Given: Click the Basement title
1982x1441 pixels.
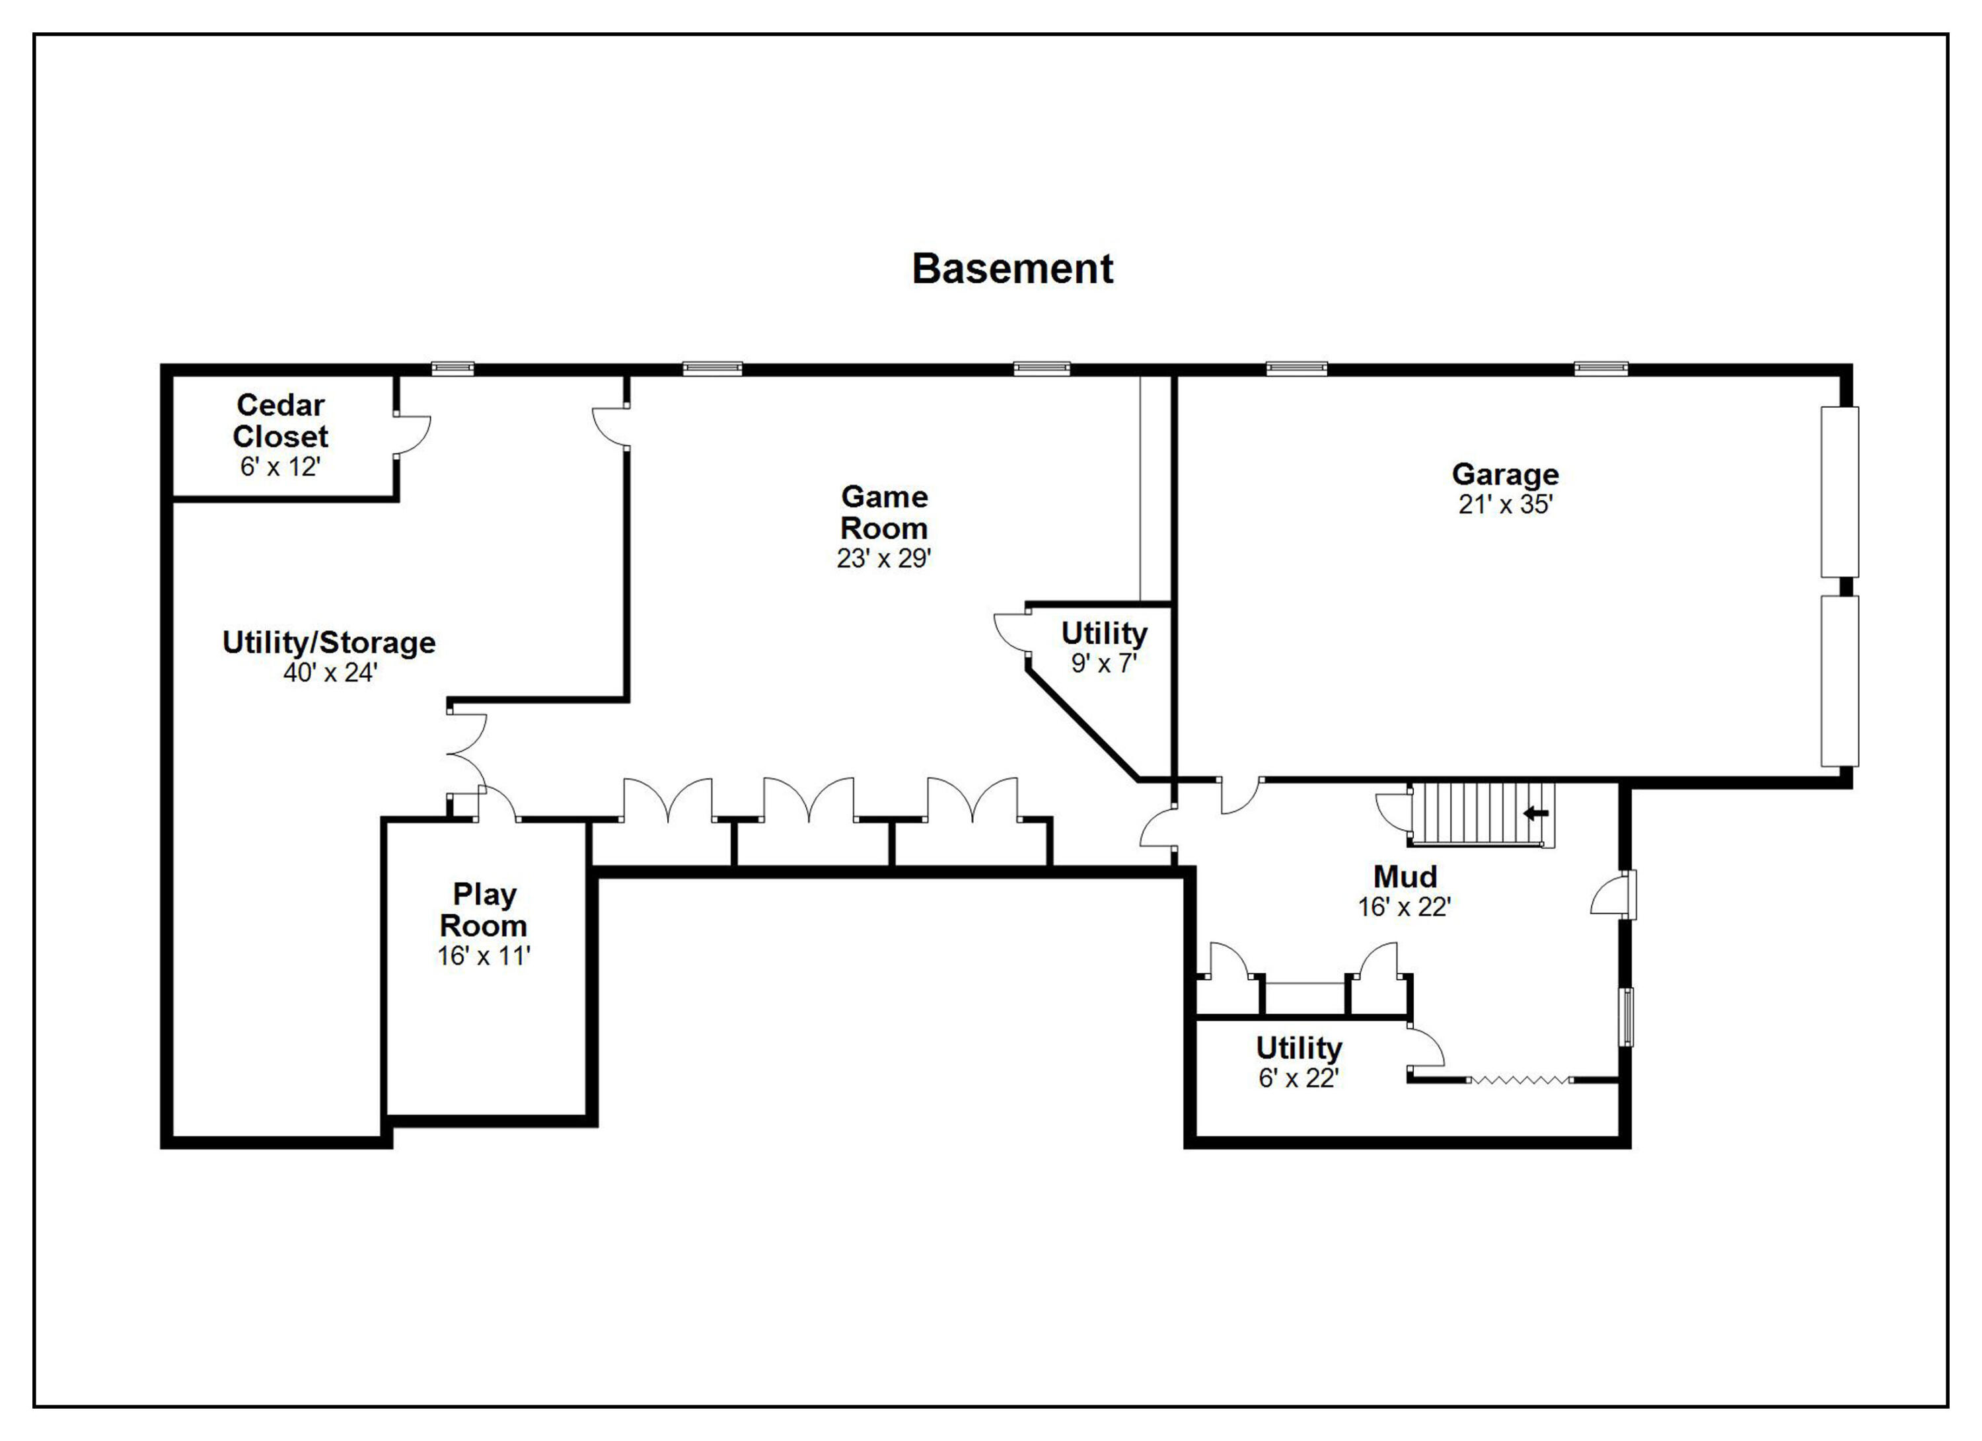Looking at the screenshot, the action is [1012, 268].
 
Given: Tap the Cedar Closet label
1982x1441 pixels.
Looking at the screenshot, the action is [281, 420].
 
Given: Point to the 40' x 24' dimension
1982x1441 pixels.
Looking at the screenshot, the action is [330, 672].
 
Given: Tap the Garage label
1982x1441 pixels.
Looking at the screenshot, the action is [1505, 474].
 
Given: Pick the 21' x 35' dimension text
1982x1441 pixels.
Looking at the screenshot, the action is [1505, 504].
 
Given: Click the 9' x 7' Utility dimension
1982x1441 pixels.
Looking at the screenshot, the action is [1104, 663].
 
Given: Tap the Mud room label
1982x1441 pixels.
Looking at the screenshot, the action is [1405, 877].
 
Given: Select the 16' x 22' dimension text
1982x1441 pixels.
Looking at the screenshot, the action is [1405, 907].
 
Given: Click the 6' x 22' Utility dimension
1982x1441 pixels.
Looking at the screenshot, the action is [1299, 1078].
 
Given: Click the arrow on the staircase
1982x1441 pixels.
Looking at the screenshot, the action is [1535, 813].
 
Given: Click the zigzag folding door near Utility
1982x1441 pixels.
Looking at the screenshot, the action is [1520, 1080].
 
